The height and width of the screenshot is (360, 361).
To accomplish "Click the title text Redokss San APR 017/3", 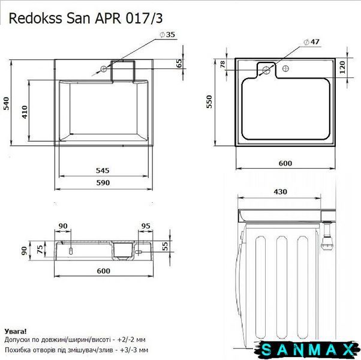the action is pyautogui.click(x=86, y=19).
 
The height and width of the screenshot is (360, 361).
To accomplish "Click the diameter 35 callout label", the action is pyautogui.click(x=167, y=35).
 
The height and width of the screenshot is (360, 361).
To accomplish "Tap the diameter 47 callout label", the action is pyautogui.click(x=311, y=42).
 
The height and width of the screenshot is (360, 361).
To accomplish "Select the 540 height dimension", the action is pyautogui.click(x=6, y=103).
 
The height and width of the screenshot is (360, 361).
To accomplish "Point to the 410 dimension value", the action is pyautogui.click(x=25, y=112).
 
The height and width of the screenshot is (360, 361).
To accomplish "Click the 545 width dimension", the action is pyautogui.click(x=103, y=170).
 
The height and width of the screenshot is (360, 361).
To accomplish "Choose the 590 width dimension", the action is pyautogui.click(x=103, y=182).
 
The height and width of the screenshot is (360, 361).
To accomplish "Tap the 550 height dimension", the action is pyautogui.click(x=209, y=102).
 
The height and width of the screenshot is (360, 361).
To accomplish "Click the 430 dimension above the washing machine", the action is pyautogui.click(x=281, y=191).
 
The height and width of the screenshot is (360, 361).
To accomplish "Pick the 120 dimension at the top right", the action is pyautogui.click(x=342, y=67).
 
